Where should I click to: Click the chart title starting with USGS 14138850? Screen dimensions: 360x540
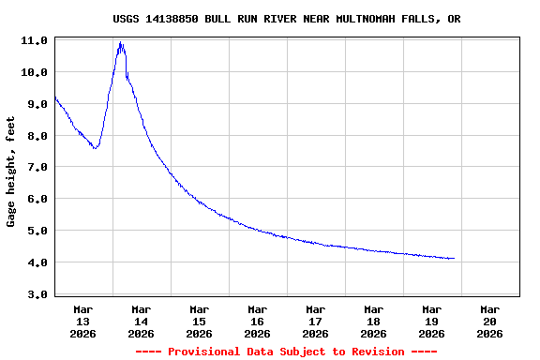click(286, 19)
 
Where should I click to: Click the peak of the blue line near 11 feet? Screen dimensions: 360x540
click(121, 43)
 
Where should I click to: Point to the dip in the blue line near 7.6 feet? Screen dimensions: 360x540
click(96, 148)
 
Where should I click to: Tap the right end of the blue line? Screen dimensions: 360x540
click(454, 258)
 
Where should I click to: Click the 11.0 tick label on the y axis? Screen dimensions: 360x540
click(35, 41)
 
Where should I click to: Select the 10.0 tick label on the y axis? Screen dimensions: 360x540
click(35, 72)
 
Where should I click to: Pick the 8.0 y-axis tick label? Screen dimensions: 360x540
click(35, 136)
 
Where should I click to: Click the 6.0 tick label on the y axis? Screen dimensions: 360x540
click(35, 199)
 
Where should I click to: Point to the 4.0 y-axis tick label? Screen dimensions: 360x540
click(35, 262)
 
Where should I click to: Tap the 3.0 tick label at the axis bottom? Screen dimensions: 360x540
click(35, 294)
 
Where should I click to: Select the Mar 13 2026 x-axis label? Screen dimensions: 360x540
click(82, 321)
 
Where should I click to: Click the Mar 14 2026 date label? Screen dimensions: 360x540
click(141, 321)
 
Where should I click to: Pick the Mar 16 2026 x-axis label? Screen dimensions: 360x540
click(257, 321)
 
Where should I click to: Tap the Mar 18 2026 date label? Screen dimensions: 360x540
click(373, 321)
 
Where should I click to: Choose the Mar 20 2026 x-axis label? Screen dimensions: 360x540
click(489, 321)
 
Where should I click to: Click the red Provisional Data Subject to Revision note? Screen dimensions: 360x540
click(286, 352)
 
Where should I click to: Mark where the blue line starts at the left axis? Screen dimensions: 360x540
click(56, 97)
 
